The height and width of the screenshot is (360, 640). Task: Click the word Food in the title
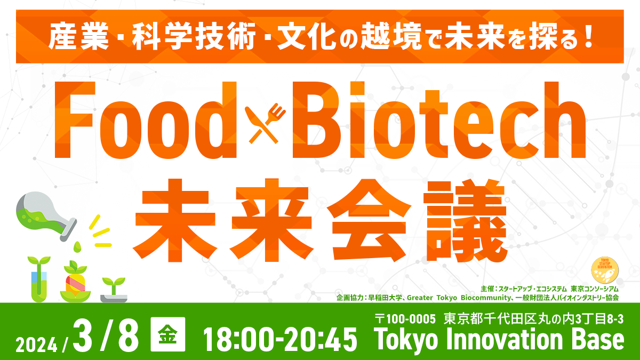pos(147,121)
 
